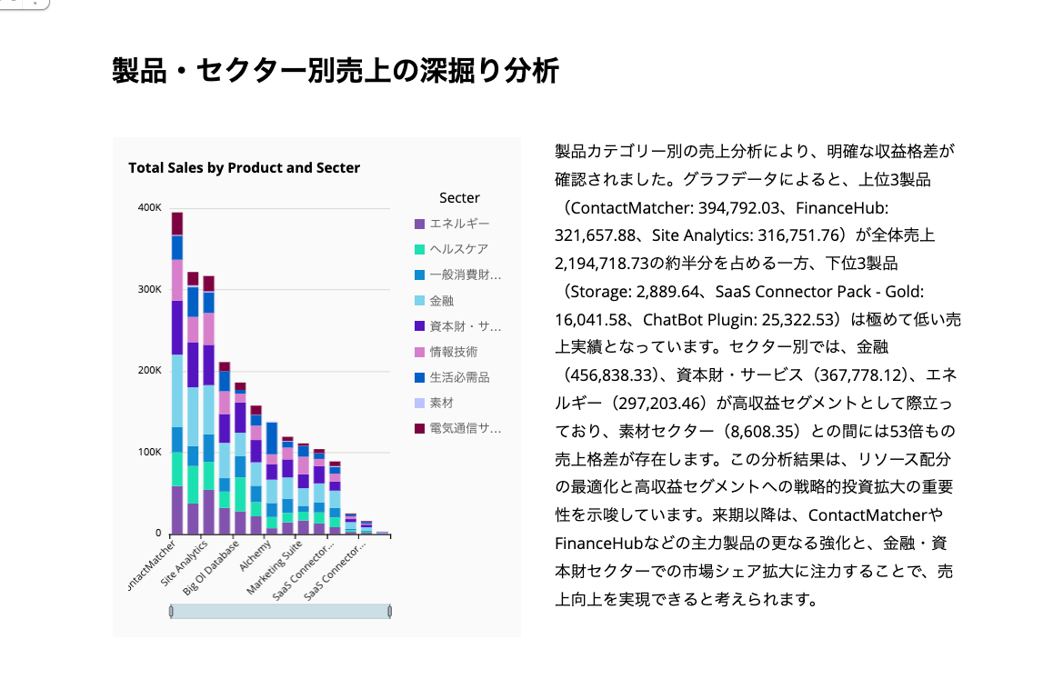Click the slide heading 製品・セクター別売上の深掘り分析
pos(335,70)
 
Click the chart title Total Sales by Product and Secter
pos(244,168)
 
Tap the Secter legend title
pos(459,198)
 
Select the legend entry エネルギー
pos(459,224)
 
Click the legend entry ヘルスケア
pos(459,249)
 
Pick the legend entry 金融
pos(442,300)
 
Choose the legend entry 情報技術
pos(454,352)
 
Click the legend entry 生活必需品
pos(459,377)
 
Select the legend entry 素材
pos(442,403)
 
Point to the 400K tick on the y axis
pos(149,207)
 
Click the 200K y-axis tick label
pos(149,371)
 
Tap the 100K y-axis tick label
pos(149,452)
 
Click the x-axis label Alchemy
pos(256,554)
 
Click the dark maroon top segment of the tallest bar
pos(177,224)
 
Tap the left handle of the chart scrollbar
pos(172,612)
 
